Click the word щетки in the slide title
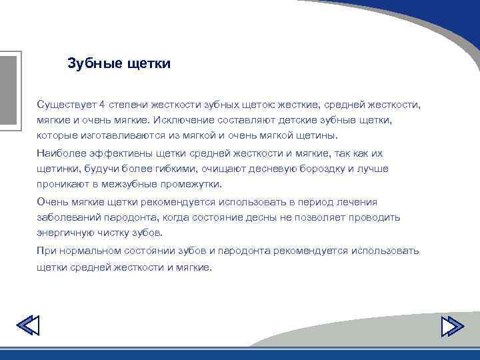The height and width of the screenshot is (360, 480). pyautogui.click(x=149, y=64)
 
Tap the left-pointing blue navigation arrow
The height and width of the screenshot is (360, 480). pyautogui.click(x=27, y=327)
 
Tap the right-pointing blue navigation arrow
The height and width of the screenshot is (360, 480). pyautogui.click(x=453, y=327)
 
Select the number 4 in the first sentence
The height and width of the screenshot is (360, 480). pyautogui.click(x=102, y=105)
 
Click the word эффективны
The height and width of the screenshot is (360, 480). pyautogui.click(x=120, y=153)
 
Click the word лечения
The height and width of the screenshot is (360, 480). pyautogui.click(x=359, y=202)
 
